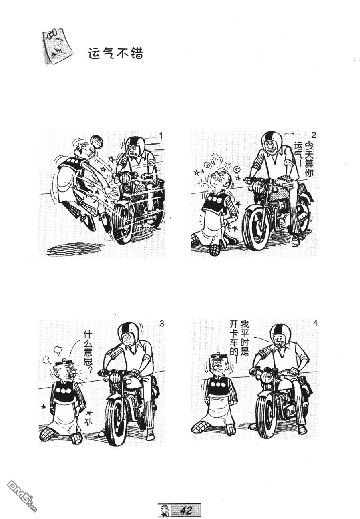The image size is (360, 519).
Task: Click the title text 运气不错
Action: (116, 54)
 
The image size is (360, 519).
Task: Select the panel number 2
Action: (314, 135)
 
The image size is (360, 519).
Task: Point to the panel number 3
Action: (161, 323)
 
